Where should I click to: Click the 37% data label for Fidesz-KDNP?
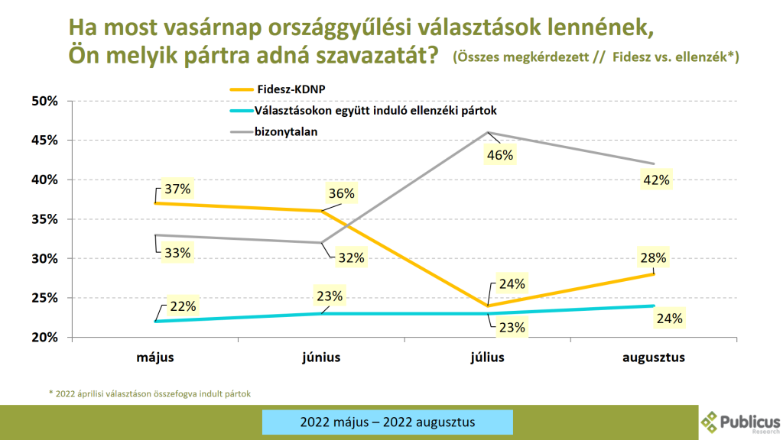176,189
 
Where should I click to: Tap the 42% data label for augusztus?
657,180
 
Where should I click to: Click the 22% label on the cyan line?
183,306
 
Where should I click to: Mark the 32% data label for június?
352,257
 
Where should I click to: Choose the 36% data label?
341,194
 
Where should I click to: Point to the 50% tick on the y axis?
45,101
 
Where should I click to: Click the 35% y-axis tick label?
45,219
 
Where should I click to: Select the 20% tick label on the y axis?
45,338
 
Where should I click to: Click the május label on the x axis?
156,357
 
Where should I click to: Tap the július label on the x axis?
488,357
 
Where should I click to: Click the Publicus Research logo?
740,421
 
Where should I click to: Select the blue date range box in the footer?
388,422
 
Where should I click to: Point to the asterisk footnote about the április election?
150,394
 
